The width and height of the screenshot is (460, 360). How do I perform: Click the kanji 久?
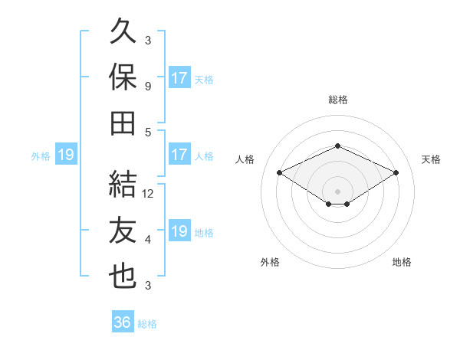tap(123, 31)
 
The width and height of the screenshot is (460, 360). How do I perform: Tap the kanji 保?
tap(123, 77)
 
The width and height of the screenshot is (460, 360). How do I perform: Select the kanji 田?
tap(123, 123)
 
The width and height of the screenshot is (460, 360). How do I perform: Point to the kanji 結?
tap(123, 184)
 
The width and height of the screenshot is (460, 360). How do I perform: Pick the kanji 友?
tap(123, 230)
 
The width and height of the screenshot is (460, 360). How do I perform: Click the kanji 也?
tap(123, 277)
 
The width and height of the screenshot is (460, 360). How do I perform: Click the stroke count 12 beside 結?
tap(147, 194)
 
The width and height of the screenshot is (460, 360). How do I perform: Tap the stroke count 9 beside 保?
tap(148, 87)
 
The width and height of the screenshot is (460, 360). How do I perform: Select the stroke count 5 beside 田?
tap(148, 133)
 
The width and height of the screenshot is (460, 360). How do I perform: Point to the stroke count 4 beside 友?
tap(148, 240)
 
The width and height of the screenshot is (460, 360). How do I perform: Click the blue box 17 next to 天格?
tap(179, 77)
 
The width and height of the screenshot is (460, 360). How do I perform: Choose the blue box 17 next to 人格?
tap(179, 154)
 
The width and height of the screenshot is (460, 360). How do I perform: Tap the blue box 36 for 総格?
tap(123, 321)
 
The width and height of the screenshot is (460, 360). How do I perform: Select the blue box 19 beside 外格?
tap(66, 154)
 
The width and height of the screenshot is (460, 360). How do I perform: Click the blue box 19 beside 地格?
tap(179, 230)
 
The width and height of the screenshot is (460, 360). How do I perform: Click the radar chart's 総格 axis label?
tap(338, 100)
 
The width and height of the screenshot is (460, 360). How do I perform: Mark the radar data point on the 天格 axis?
tap(396, 172)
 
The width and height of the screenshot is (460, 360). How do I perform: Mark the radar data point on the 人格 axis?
tap(280, 172)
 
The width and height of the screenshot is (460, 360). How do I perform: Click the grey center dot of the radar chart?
tap(337, 191)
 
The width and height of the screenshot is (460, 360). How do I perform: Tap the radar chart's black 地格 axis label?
tap(402, 262)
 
